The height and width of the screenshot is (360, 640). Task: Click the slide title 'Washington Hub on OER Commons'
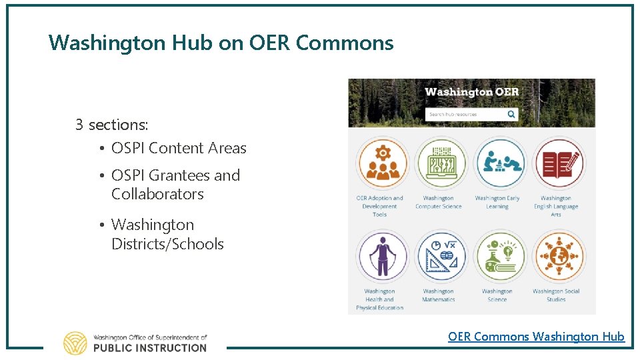tap(221, 43)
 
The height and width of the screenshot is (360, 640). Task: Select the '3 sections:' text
tap(111, 125)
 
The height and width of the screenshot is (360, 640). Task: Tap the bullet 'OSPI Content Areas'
tap(179, 148)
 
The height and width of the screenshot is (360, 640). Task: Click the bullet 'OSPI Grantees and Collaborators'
tap(175, 185)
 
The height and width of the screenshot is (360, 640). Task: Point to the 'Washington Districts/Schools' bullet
tap(167, 234)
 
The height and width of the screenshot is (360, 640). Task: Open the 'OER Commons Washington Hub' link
tap(536, 337)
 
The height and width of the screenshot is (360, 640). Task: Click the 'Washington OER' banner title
tap(471, 92)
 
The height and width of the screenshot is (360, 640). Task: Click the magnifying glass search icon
tap(511, 114)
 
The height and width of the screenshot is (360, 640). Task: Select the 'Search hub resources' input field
tap(465, 114)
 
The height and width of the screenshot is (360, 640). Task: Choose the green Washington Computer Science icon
tap(439, 163)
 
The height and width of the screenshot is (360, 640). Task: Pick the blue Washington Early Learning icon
tap(497, 163)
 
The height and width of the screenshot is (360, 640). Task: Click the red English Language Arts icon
tap(557, 163)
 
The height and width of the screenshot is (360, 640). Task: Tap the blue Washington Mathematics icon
tap(439, 257)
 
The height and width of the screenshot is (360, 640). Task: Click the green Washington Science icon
tap(497, 257)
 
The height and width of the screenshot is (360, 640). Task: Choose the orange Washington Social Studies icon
tap(557, 257)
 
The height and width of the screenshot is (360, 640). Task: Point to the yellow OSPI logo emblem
tap(75, 343)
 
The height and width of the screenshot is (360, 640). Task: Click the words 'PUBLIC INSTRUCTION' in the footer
tap(149, 347)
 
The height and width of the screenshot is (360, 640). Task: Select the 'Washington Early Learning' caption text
tap(497, 202)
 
